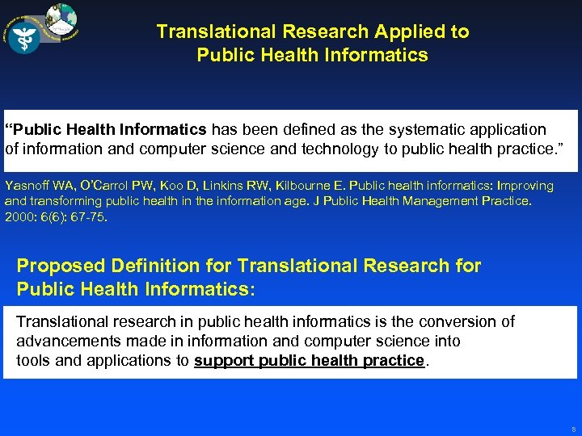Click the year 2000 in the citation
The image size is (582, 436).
click(19, 216)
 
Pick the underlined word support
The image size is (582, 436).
click(224, 360)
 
